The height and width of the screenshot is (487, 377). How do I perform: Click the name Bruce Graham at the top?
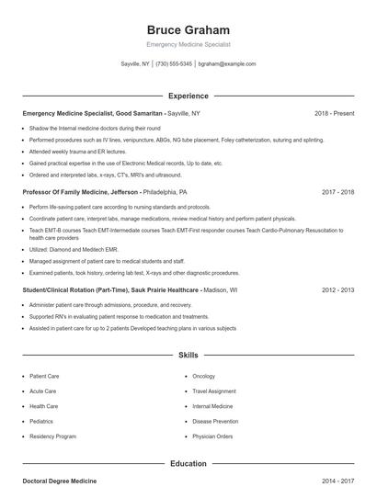(188, 29)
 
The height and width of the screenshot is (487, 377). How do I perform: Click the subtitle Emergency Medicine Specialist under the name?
(188, 44)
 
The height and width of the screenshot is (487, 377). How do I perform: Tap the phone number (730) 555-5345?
(174, 64)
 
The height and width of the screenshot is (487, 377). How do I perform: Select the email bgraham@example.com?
(226, 64)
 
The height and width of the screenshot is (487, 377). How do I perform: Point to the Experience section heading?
(188, 96)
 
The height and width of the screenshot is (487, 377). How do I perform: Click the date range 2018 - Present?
(334, 113)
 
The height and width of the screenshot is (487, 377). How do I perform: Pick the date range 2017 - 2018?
(337, 193)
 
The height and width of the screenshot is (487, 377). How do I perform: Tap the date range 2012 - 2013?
(337, 289)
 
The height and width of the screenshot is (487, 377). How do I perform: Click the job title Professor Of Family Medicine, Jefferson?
(81, 193)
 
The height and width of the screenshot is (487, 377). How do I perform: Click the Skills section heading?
(188, 354)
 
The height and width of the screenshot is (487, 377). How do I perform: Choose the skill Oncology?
(203, 376)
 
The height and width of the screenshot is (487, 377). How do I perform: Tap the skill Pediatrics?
(42, 421)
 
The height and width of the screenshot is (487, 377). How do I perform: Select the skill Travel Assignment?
(214, 391)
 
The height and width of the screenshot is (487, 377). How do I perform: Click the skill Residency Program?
(52, 436)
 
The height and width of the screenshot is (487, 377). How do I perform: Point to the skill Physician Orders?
(212, 436)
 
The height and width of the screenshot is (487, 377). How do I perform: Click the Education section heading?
(188, 463)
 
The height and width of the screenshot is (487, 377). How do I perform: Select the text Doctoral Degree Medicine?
(59, 481)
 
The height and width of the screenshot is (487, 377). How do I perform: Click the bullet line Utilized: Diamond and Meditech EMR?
(73, 248)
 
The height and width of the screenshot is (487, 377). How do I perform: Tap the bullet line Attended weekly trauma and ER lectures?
(77, 151)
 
